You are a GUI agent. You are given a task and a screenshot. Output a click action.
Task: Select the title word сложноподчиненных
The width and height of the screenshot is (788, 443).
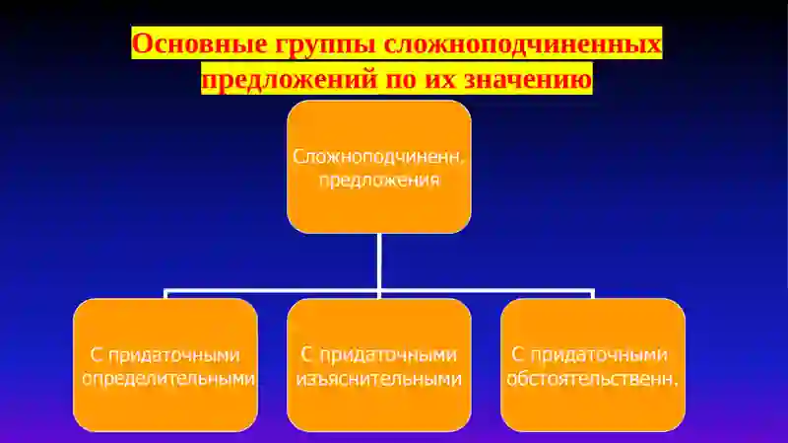(521, 44)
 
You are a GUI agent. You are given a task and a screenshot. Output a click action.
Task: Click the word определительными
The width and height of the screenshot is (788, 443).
(168, 379)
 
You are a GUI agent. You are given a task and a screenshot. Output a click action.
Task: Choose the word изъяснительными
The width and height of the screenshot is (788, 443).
(378, 379)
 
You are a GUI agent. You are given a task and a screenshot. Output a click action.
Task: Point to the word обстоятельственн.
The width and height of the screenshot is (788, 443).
(592, 379)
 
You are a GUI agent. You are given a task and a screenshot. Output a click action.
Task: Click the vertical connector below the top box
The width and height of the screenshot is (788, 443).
(378, 261)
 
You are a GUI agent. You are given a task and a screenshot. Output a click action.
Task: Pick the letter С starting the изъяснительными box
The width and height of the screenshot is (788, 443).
(306, 354)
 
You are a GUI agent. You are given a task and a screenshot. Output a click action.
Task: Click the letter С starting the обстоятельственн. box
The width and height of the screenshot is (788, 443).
(518, 354)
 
